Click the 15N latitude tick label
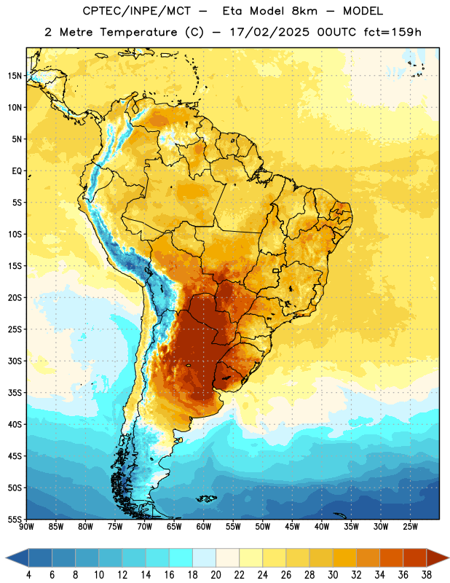15,76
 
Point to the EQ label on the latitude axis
17,171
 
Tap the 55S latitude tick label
15,519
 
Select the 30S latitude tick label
15,361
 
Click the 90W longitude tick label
26,527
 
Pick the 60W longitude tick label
204,527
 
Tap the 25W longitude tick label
410,527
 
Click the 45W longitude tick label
292,527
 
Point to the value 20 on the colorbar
216,575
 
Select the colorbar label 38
427,575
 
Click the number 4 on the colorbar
28,575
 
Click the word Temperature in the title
138,32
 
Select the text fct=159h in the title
392,32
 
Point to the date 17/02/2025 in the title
269,32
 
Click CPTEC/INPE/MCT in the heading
137,11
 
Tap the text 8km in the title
304,11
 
